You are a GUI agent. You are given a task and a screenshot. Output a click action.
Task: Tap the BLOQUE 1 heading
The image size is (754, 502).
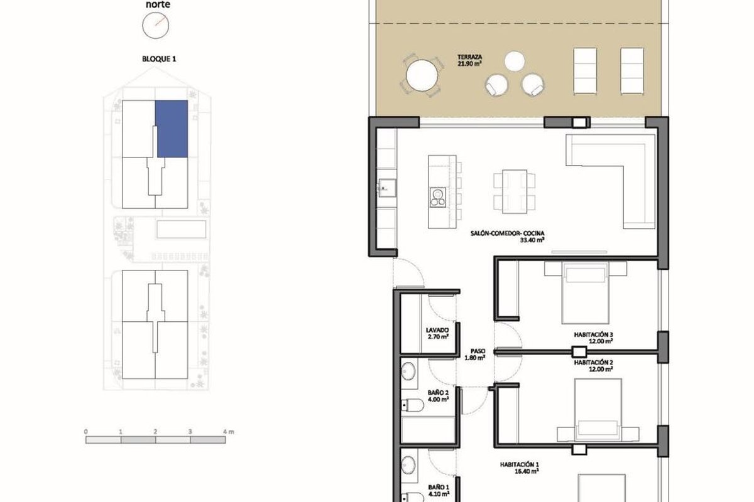click(159, 59)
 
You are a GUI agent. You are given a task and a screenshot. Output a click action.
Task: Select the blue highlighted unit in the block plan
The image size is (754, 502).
click(172, 129)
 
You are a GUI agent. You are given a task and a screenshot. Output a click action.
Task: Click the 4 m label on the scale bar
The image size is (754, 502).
click(229, 431)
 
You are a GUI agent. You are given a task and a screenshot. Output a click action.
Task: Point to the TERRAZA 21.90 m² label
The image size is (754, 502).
click(469, 60)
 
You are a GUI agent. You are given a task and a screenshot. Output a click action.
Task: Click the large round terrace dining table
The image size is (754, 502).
click(422, 75)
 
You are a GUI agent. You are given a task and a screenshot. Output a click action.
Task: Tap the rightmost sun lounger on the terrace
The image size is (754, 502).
click(632, 71)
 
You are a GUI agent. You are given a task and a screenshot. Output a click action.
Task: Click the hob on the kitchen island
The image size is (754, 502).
click(437, 198)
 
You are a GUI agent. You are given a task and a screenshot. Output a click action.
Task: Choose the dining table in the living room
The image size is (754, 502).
click(515, 191)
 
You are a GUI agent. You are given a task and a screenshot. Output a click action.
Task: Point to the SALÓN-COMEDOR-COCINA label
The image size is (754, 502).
click(507, 233)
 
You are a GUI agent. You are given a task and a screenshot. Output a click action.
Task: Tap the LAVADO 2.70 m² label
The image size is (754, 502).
click(437, 333)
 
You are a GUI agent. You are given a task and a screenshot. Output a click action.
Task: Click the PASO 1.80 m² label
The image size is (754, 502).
click(475, 355)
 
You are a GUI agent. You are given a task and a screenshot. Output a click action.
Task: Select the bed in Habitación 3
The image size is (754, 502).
click(586, 292)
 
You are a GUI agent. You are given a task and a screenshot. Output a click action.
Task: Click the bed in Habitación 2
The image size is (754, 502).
click(598, 410)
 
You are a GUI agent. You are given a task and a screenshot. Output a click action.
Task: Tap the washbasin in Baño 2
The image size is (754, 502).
click(409, 371)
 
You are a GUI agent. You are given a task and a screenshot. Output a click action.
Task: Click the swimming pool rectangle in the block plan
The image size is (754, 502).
click(181, 229)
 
